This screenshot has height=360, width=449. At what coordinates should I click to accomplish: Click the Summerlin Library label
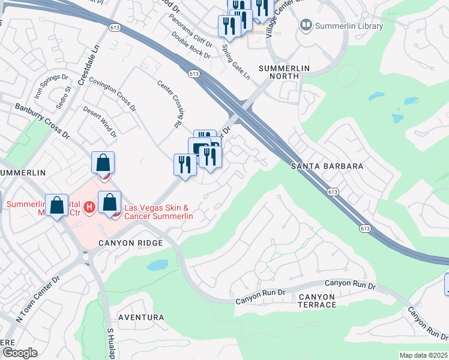(x=349, y=26)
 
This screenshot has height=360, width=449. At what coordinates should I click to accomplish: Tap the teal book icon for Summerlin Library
(x=306, y=26)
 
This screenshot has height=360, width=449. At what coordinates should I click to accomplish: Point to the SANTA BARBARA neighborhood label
(x=327, y=166)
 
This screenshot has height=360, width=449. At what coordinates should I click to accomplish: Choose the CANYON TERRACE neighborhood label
(x=317, y=301)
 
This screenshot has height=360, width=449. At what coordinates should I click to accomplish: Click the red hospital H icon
(x=89, y=207)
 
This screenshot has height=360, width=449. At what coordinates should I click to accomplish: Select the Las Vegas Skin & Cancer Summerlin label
(x=158, y=212)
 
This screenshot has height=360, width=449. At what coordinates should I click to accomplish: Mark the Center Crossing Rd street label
(x=169, y=103)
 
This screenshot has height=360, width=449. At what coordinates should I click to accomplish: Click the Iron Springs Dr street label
(x=51, y=86)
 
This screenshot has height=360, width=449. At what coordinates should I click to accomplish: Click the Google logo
(x=20, y=353)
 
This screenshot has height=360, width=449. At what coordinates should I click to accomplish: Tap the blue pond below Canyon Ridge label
(x=157, y=265)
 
